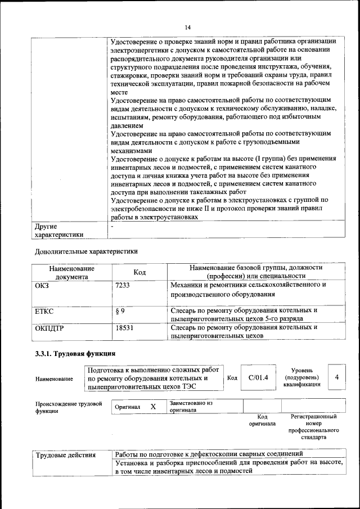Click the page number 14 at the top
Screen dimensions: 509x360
coord(188,27)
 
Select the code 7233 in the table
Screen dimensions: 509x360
coord(122,285)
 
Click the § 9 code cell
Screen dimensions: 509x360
coord(120,310)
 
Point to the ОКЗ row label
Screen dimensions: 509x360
coord(43,285)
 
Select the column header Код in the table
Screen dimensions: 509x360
coord(139,272)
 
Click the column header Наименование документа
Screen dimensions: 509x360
coord(71,272)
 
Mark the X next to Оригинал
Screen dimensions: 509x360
coord(152,406)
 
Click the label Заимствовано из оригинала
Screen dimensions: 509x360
coord(191,407)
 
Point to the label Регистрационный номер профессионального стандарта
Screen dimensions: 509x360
coord(313,427)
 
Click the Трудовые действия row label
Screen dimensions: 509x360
coord(65,454)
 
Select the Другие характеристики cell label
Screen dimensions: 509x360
coord(59,231)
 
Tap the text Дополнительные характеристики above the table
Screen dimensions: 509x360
coord(85,251)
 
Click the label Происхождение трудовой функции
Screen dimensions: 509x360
coord(68,407)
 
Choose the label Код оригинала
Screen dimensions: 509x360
coord(262,420)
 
